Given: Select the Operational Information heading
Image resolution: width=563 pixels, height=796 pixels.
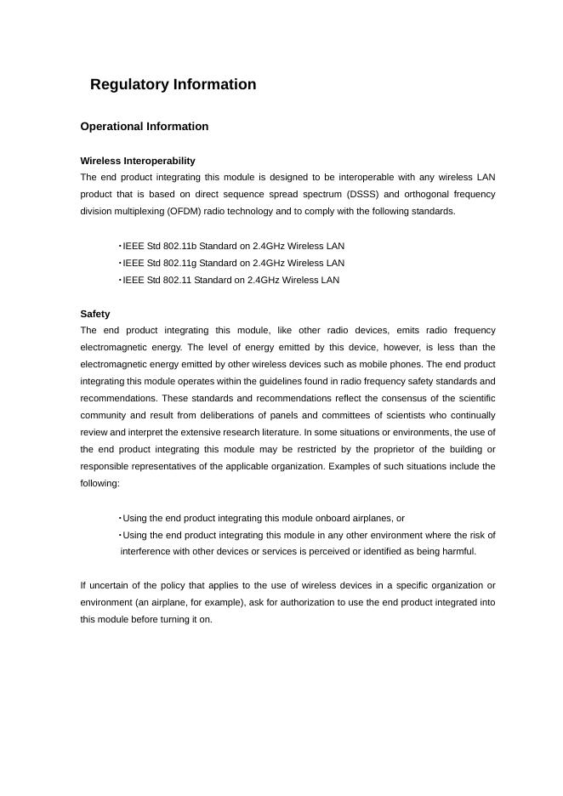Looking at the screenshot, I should [144, 127].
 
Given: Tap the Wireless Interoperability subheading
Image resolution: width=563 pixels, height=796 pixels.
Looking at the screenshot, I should [138, 161].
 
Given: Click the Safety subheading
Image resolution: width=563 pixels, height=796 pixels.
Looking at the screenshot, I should [95, 314].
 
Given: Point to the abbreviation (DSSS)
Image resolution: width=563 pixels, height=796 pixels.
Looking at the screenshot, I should [362, 195].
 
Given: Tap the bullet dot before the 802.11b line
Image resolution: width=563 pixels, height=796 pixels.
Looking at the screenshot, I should [120, 246].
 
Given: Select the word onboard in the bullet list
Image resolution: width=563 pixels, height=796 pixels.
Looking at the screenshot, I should [310, 518].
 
